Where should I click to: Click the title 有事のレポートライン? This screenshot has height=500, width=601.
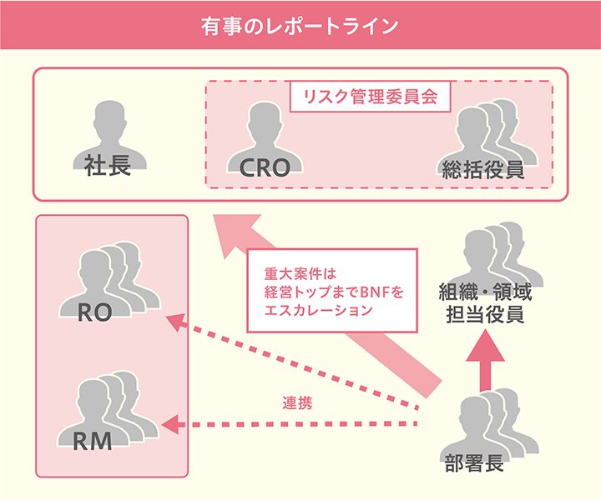[x=300, y=24]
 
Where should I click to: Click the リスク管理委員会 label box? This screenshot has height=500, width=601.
[x=370, y=95]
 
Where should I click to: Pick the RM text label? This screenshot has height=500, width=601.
[x=93, y=441]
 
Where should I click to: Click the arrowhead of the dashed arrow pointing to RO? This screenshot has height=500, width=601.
[x=173, y=319]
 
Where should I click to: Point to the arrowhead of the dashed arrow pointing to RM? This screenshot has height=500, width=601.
[x=171, y=425]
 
